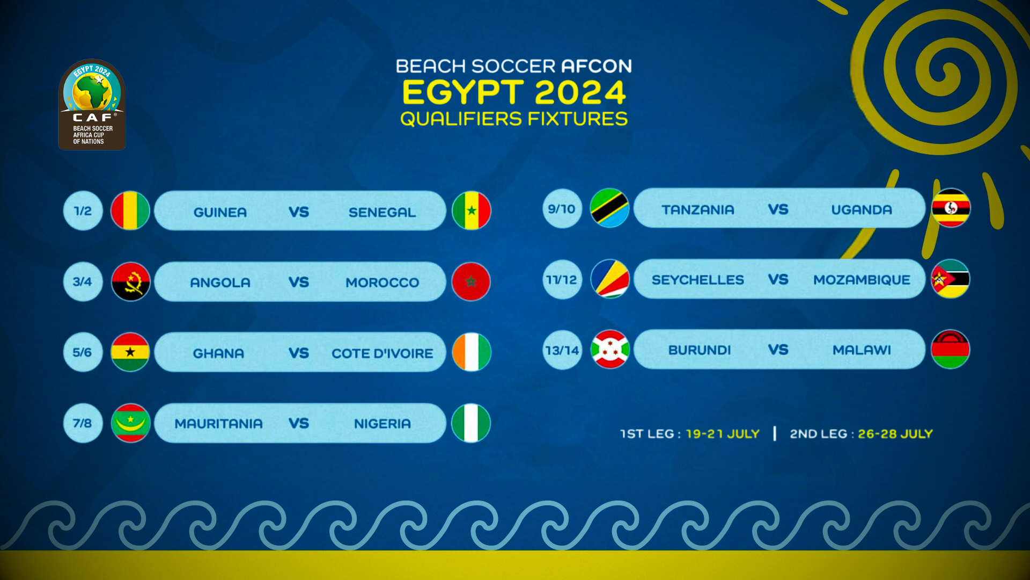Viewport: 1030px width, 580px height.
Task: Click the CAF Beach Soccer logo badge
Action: (x=92, y=104)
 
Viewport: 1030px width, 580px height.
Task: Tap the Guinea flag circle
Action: (x=130, y=211)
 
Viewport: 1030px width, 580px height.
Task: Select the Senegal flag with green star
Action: (x=471, y=211)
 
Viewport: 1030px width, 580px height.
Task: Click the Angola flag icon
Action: (x=130, y=281)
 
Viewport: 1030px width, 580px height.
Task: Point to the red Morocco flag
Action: (x=471, y=281)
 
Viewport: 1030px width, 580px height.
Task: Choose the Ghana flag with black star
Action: (x=130, y=352)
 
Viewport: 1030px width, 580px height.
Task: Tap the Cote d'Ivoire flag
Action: (x=471, y=352)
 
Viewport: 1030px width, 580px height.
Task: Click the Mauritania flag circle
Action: (x=130, y=423)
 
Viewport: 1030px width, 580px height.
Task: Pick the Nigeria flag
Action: (x=471, y=423)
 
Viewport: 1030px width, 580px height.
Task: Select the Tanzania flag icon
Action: (x=610, y=208)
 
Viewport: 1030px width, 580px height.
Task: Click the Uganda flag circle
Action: (x=951, y=208)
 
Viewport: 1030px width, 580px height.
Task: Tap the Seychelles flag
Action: (x=610, y=279)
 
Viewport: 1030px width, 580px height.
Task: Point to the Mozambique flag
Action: (x=951, y=279)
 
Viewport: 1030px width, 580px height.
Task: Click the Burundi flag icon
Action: (x=610, y=349)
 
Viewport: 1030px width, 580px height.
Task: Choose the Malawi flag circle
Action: (x=951, y=349)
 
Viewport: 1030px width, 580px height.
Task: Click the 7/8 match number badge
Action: (x=83, y=423)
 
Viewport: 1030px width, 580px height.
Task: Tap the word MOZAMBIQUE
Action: (x=862, y=280)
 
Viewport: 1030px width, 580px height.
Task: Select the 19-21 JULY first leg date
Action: (x=723, y=434)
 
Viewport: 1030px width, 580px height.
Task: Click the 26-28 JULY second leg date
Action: (x=895, y=434)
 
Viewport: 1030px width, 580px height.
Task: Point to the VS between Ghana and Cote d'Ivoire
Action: (x=299, y=353)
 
